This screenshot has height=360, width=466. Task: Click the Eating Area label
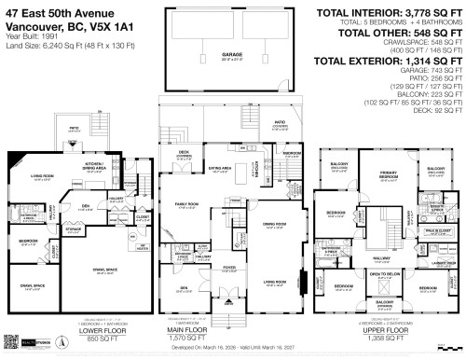(220, 170)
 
